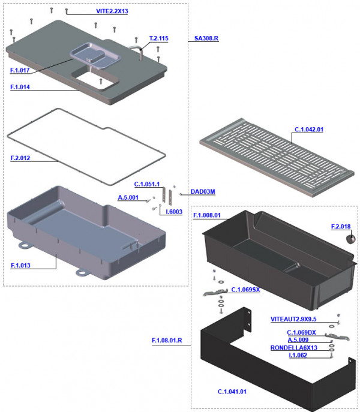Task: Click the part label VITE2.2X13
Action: (x=112, y=12)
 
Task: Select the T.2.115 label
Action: (x=158, y=38)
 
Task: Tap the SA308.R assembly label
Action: (x=206, y=38)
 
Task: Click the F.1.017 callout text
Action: (x=20, y=71)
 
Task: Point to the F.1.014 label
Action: (x=20, y=88)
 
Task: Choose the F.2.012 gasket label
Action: (x=20, y=159)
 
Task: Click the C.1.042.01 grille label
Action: (x=308, y=129)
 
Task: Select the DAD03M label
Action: (x=202, y=192)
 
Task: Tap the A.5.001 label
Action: (x=128, y=197)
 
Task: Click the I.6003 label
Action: (x=175, y=212)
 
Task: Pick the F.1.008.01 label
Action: (x=207, y=215)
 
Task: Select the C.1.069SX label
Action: (x=245, y=290)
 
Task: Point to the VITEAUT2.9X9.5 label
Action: (x=294, y=320)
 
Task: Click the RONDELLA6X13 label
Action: (x=302, y=348)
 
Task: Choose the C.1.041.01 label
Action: (x=232, y=392)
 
